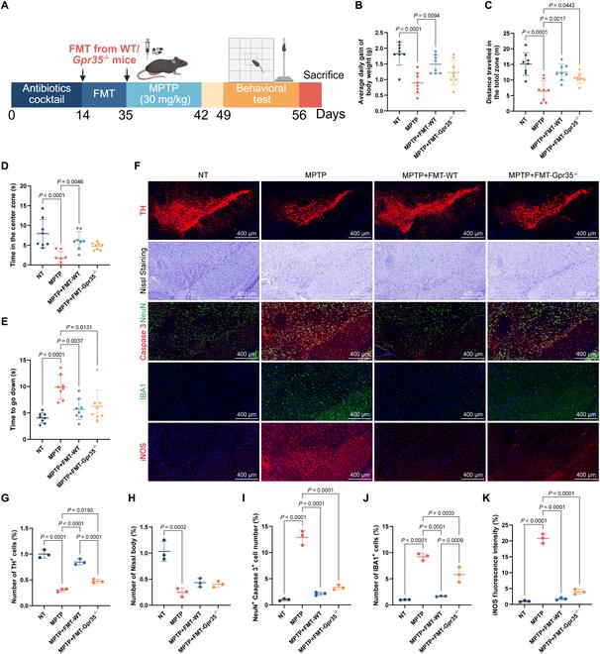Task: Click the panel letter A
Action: click(7, 8)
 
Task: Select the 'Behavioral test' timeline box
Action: click(255, 96)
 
